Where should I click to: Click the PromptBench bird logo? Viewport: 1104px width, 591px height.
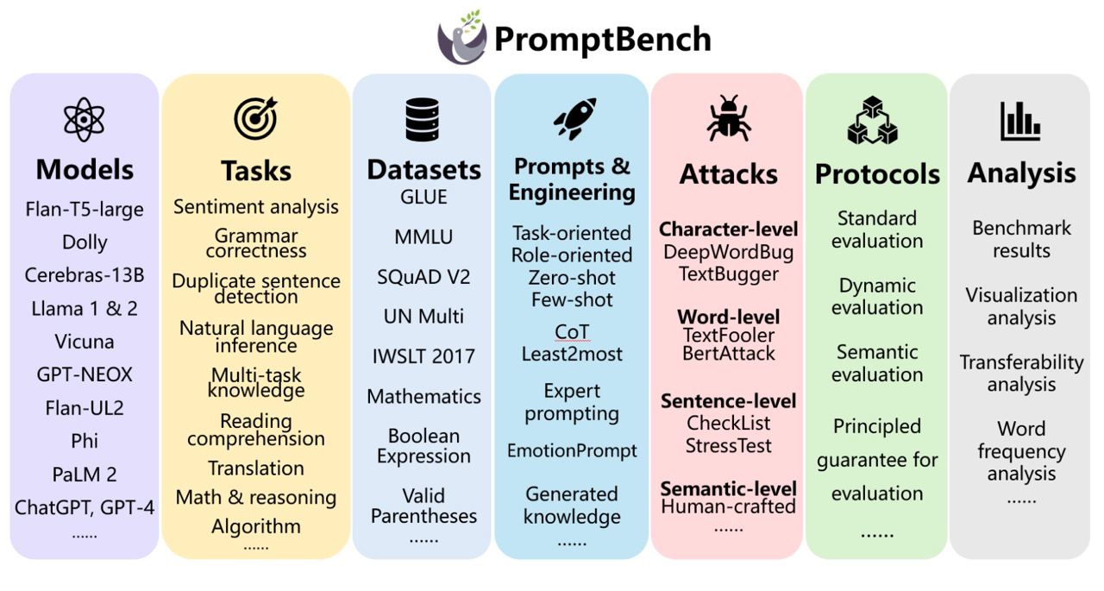tap(461, 38)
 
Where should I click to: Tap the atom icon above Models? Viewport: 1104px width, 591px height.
tap(84, 119)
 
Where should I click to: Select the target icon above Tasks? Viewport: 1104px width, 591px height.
tap(256, 118)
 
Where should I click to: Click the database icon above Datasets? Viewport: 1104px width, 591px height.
tap(423, 120)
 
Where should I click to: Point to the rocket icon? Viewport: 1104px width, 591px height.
tap(574, 118)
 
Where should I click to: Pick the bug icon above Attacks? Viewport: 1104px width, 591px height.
tap(729, 118)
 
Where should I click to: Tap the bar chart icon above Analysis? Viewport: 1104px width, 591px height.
tap(1020, 122)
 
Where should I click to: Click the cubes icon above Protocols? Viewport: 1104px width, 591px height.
tap(872, 120)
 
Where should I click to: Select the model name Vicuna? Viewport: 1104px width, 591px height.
tap(85, 342)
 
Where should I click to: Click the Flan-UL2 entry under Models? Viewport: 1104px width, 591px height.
tap(85, 408)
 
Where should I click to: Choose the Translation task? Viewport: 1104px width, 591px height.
tap(256, 468)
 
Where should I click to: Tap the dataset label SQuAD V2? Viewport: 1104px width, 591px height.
tap(423, 277)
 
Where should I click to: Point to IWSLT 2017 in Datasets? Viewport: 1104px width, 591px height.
tap(423, 356)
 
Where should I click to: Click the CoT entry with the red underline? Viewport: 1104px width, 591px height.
tap(572, 332)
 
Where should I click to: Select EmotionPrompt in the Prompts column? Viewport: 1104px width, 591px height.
tap(572, 450)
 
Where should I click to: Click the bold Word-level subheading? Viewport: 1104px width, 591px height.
tap(729, 317)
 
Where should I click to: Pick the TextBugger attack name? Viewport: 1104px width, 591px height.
tap(729, 274)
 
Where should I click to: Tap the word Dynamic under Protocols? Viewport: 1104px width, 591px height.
tap(877, 286)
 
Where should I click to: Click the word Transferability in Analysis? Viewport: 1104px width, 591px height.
tap(1021, 362)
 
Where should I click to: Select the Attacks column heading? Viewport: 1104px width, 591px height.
tap(729, 174)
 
